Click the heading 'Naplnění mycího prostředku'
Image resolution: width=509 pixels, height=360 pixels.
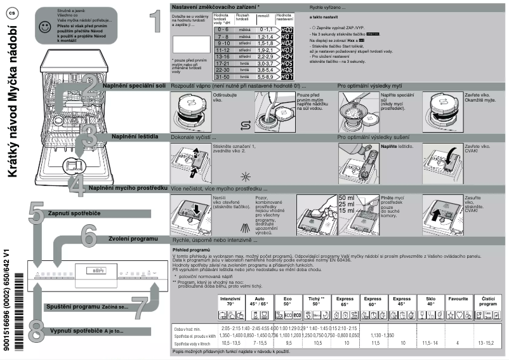(x=128, y=188)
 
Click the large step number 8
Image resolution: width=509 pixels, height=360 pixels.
(x=37, y=330)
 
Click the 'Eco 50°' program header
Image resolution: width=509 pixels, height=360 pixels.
(x=287, y=301)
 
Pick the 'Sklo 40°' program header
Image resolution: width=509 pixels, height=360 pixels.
(x=430, y=301)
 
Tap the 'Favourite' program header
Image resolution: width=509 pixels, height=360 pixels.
(x=458, y=298)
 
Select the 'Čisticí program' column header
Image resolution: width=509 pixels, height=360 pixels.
(x=487, y=301)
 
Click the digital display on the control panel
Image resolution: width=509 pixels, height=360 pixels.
(x=95, y=271)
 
